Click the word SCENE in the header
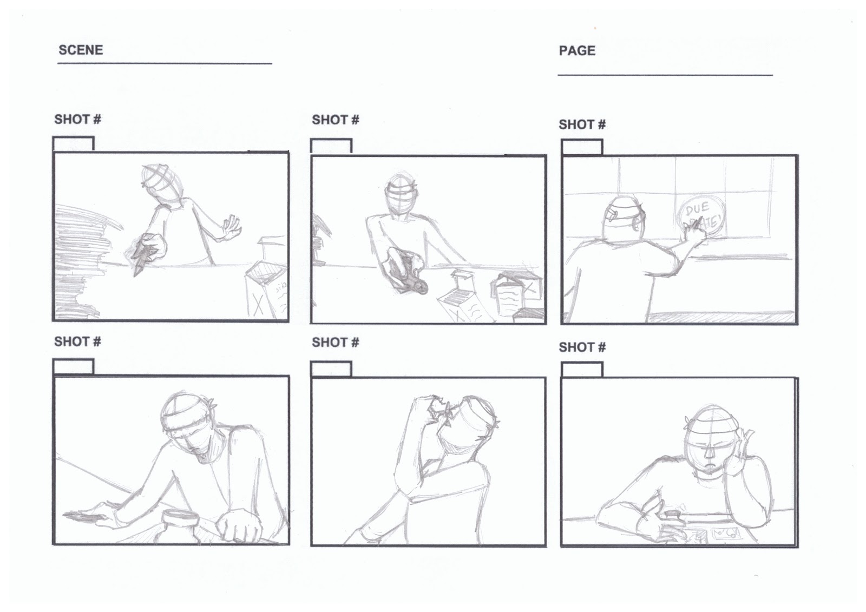pyautogui.click(x=80, y=50)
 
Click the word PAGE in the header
pyautogui.click(x=577, y=51)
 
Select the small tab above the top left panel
pyautogui.click(x=74, y=144)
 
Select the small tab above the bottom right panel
pyautogui.click(x=582, y=370)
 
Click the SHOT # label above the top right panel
pyautogui.click(x=582, y=124)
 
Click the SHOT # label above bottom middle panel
pyautogui.click(x=335, y=343)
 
